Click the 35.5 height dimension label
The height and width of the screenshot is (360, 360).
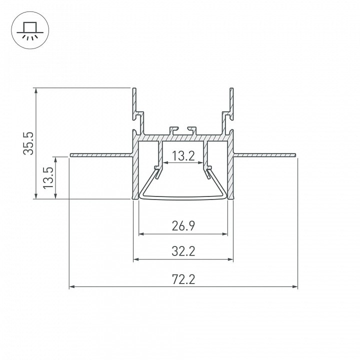pos(28,143)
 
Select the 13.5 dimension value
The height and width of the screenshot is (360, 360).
pos(48,177)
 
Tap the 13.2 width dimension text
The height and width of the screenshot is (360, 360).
pos(183,156)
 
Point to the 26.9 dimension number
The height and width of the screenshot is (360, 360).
pos(183,226)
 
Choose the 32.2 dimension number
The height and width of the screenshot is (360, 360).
pos(183,251)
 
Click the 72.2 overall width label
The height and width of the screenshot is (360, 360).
pos(183,279)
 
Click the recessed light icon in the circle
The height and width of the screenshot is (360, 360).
pos(30,30)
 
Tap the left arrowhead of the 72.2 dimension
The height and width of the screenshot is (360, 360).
pos(72,286)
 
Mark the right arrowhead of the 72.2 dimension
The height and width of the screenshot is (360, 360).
pos(295,286)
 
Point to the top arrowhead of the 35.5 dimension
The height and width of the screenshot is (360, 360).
pos(36,90)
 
